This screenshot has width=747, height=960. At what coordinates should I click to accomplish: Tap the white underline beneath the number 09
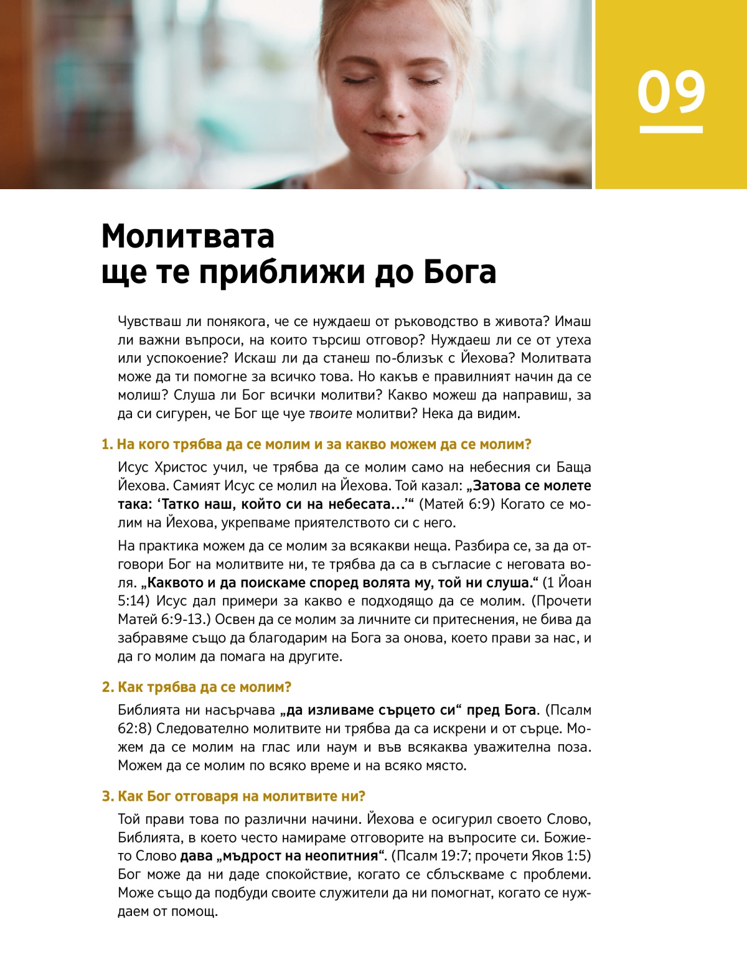point(671,129)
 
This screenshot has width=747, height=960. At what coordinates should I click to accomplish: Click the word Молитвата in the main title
point(187,236)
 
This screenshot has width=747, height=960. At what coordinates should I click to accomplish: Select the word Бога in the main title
point(460,272)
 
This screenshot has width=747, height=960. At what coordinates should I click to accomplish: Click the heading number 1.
point(106,445)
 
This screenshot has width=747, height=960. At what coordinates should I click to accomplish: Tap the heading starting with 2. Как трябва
point(197,687)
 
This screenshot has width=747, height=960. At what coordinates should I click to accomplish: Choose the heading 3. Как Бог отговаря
point(233,796)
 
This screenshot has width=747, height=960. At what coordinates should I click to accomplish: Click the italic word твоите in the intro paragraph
point(331,414)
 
